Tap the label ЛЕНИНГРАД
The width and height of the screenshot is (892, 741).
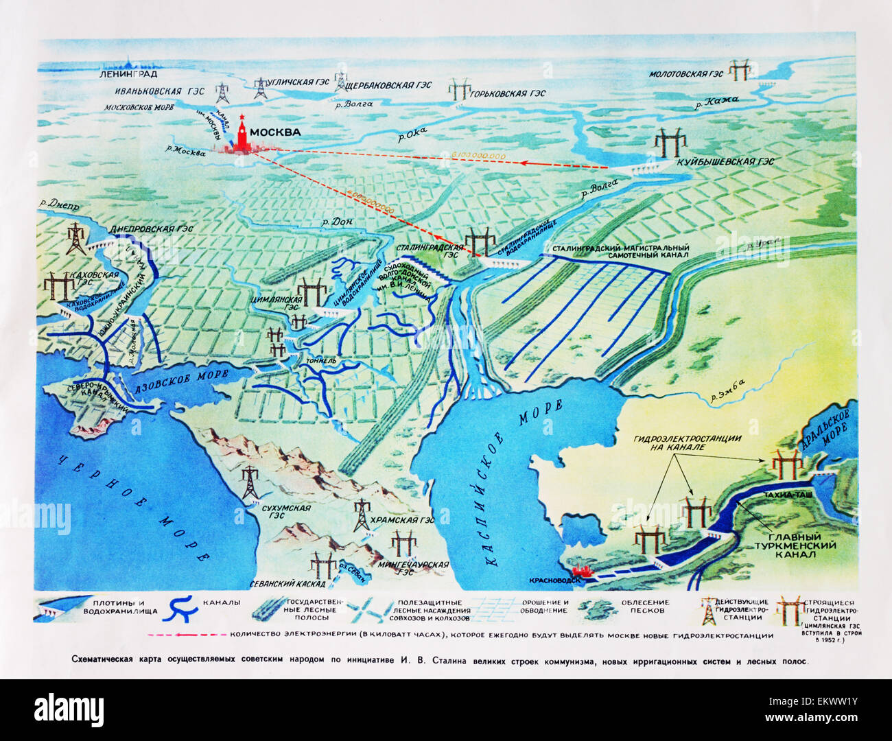pos(128,74)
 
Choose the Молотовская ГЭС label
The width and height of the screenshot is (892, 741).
pos(686,73)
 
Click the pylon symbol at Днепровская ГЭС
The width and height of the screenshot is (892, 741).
pos(75,239)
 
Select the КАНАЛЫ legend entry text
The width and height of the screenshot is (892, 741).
pos(221,603)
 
